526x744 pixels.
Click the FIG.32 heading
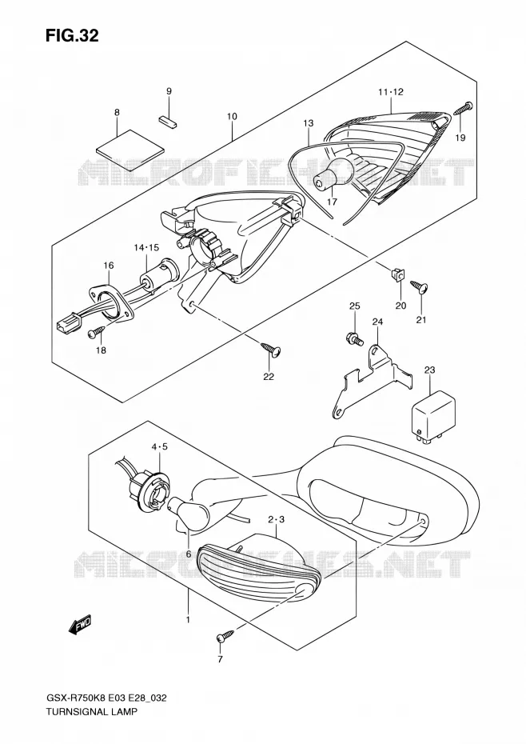(73, 35)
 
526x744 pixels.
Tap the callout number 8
(117, 113)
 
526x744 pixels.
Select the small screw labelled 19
(463, 108)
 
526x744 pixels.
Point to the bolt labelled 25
(355, 338)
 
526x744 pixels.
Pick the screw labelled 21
(420, 287)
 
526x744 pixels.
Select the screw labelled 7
(225, 635)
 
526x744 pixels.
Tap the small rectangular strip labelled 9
(168, 121)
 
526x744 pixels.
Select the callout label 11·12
(390, 92)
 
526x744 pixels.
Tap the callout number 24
(377, 322)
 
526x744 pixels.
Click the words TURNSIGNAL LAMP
(91, 725)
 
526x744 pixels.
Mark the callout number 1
(188, 620)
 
